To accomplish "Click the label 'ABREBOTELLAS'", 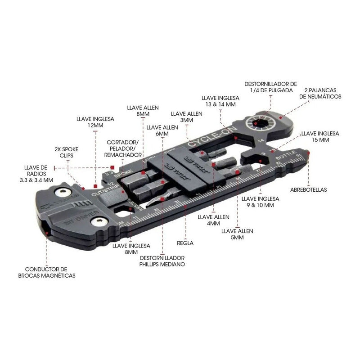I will (309, 190).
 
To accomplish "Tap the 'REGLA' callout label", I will (185, 243).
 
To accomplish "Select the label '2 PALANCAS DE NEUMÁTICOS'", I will (323, 93).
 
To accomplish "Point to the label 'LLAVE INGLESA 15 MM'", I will (320, 137).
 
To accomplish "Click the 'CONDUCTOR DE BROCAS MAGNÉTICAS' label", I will (47, 272).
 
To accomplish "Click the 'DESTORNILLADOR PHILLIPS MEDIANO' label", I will (162, 261).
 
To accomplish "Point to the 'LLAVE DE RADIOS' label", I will (38, 173).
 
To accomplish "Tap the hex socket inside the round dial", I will (258, 123).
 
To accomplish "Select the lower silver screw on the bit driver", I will (99, 222).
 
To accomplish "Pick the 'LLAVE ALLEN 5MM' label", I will (238, 234).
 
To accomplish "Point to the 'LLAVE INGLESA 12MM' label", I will (95, 122).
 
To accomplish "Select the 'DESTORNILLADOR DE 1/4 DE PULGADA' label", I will (270, 87).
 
